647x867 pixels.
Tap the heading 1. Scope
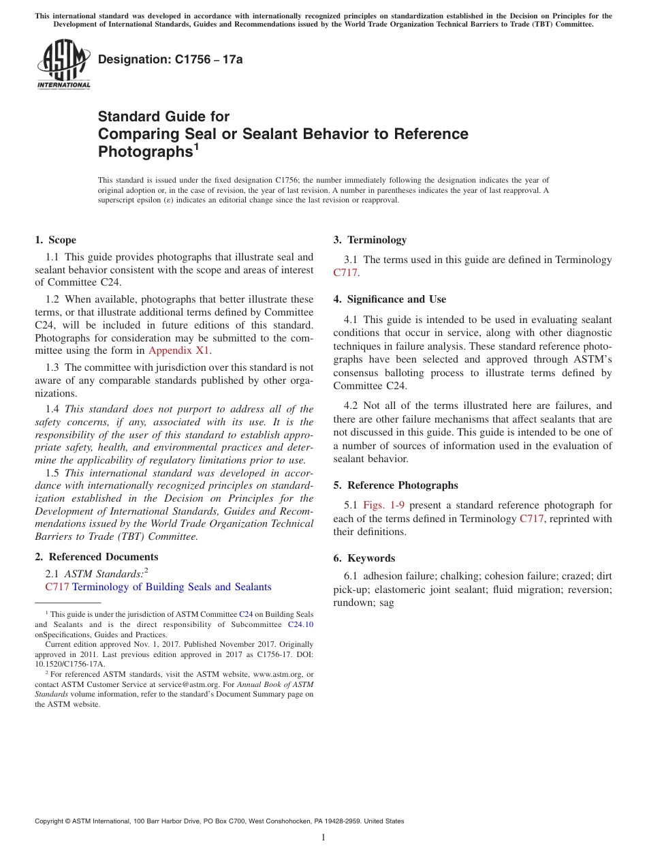coord(55,240)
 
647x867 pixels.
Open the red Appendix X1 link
coord(179,350)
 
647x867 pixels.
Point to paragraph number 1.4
coord(52,409)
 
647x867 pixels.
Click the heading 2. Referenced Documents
coord(96,557)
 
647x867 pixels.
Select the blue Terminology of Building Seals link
coord(172,587)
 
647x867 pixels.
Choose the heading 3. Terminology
coord(370,240)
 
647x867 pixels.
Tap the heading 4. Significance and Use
coord(390,299)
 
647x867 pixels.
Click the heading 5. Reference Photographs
coord(396,485)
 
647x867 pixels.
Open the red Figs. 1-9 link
coord(383,505)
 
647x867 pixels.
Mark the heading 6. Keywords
coord(364,558)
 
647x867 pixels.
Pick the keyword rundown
coord(351,603)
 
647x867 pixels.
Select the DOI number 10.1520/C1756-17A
coord(70,663)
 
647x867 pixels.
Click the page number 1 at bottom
coord(323,838)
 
